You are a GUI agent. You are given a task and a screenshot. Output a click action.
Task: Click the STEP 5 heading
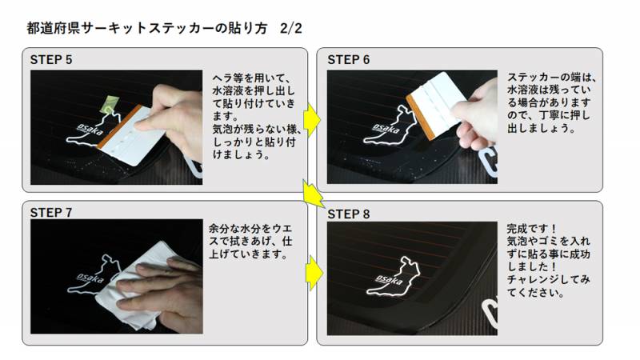pos(51,60)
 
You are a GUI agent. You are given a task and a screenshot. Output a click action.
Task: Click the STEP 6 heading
pos(349,60)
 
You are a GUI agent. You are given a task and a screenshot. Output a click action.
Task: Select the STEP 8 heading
pos(349,214)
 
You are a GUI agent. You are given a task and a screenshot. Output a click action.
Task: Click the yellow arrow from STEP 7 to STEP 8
pos(313,272)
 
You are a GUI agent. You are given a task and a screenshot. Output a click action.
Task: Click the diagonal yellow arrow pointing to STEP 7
pos(313,194)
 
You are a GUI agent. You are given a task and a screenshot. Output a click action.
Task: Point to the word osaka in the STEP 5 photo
pos(87,130)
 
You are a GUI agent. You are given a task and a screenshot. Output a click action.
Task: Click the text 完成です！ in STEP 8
pos(531,228)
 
